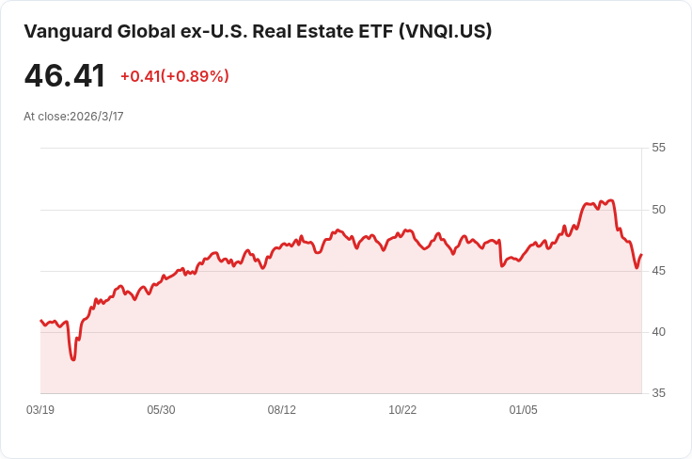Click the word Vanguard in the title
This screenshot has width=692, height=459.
pos(68,32)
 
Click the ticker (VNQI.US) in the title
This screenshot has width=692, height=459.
pos(446,32)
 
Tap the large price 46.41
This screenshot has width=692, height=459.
pos(65,76)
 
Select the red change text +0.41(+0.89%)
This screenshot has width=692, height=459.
pos(175,76)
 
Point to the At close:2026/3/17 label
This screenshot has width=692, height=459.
pos(73,117)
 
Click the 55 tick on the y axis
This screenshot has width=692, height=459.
pos(658,148)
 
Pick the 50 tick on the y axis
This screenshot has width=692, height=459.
pos(658,210)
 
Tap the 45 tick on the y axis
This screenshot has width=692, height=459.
pos(658,271)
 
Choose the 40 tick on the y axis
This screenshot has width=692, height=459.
pos(658,332)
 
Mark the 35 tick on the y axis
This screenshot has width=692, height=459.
pos(658,393)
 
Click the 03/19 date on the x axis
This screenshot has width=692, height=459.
pos(40,410)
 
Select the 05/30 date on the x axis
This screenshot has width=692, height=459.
pos(161,410)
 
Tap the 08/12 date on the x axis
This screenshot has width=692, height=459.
pos(281,410)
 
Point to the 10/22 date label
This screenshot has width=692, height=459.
pos(402,410)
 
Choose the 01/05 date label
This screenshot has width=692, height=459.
pos(524,410)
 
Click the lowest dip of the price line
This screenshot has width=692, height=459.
pos(73,359)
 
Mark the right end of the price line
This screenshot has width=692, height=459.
pos(641,255)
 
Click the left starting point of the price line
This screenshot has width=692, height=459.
pos(40,321)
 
